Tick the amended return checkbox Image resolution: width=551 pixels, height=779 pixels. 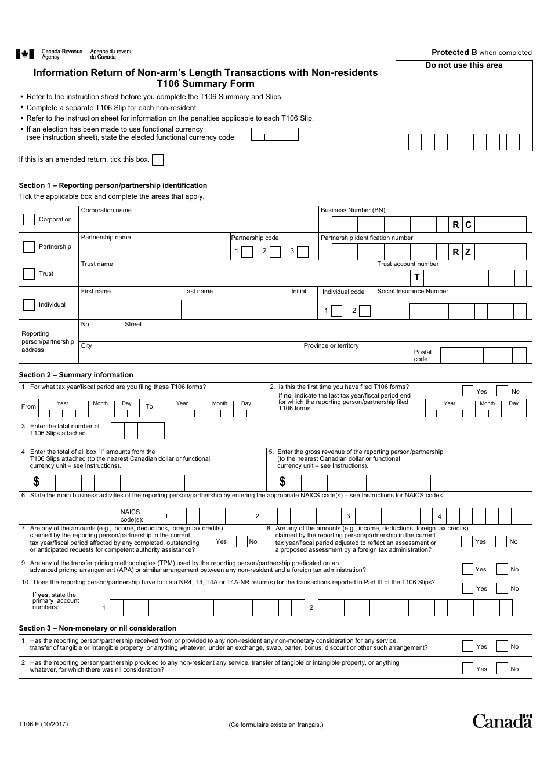coord(157,160)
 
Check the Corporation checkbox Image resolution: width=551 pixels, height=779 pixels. coord(28,220)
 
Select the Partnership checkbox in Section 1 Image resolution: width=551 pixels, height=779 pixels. coord(28,247)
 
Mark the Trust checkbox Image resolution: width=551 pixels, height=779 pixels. coord(28,274)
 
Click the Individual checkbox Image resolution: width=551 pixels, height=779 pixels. coord(28,304)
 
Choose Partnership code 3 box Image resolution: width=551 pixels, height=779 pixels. coord(302,252)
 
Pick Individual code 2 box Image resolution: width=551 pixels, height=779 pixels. coord(364,311)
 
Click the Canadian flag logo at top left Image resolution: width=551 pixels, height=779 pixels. coord(24,54)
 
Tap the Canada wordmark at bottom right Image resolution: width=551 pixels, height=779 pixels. coord(502,720)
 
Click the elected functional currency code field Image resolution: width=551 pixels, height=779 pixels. coord(274,134)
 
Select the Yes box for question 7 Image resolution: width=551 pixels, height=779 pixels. coord(207,542)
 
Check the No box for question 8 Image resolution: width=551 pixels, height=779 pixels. coord(501,542)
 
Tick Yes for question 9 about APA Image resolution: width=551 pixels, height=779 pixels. coord(467,569)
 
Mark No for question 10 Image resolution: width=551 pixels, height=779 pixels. coord(502,588)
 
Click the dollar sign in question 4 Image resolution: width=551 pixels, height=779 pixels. coord(36,482)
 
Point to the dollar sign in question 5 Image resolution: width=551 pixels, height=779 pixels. coord(282,482)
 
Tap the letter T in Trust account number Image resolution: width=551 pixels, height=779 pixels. coord(416,278)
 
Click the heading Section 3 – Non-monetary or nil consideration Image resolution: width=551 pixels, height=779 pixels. coord(97,628)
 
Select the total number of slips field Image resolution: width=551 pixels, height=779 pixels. coord(137,430)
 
